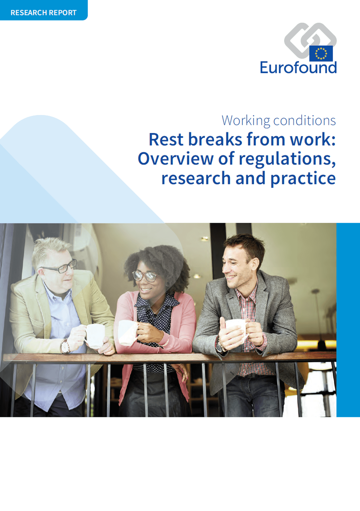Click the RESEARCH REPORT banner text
click(x=43, y=13)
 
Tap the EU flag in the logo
click(x=321, y=53)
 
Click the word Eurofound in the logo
click(x=298, y=68)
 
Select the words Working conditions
click(x=279, y=121)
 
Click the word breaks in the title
click(x=215, y=139)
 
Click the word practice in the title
click(x=303, y=179)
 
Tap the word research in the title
click(x=196, y=178)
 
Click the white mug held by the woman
click(x=128, y=332)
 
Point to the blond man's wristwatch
click(x=65, y=346)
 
